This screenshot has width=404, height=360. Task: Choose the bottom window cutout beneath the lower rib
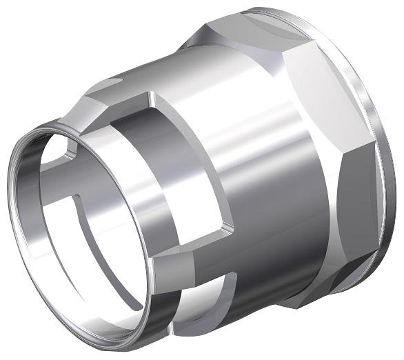pyautogui.click(x=200, y=303)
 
